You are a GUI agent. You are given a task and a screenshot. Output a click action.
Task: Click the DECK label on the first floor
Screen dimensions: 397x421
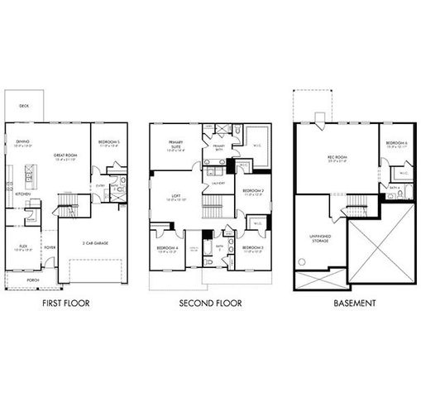click(25, 107)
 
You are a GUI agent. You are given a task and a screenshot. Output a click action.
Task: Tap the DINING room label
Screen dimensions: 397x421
click(22, 141)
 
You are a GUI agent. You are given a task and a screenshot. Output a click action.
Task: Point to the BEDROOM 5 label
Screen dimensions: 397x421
click(109, 141)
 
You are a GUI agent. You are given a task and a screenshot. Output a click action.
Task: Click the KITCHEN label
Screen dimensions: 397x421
click(22, 194)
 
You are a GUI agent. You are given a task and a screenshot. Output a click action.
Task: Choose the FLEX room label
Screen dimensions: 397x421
click(22, 246)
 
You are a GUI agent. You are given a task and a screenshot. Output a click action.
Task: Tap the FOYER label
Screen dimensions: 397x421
click(50, 246)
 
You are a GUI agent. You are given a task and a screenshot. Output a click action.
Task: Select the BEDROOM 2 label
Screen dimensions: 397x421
click(253, 191)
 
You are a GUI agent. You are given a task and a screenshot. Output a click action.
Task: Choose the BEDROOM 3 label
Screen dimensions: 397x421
click(253, 247)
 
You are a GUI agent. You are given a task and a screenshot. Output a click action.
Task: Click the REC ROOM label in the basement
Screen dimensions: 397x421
click(335, 156)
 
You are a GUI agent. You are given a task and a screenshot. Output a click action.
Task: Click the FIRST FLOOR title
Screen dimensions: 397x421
click(65, 304)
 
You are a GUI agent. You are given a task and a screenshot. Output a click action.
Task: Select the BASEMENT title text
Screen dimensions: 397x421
click(355, 304)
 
